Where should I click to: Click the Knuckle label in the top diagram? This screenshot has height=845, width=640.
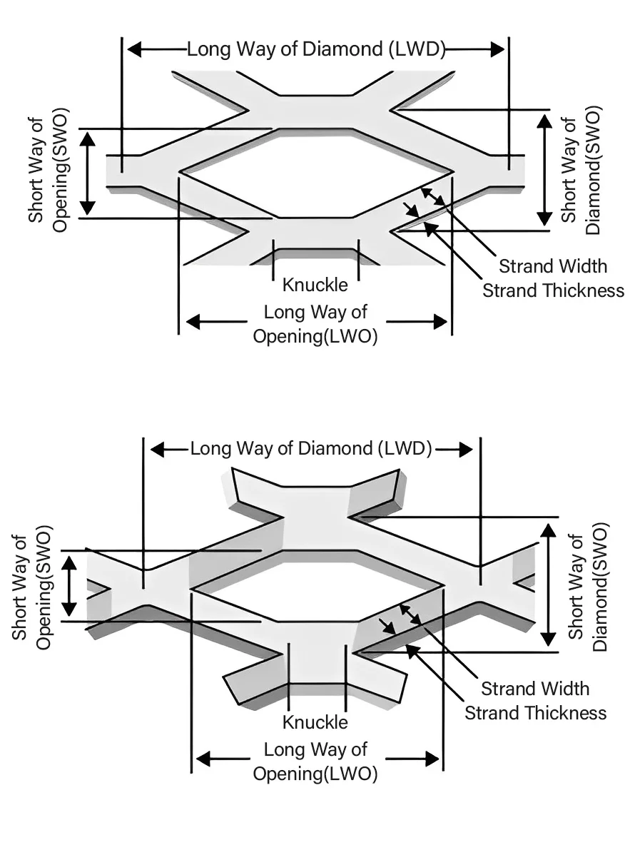315,285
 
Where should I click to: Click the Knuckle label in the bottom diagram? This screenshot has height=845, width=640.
315,722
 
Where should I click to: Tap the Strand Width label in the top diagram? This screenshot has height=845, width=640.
553,266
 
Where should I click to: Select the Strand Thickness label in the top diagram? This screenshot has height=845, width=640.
553,290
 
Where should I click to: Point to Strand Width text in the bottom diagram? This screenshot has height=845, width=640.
535,689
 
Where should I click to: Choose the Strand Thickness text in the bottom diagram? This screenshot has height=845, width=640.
535,712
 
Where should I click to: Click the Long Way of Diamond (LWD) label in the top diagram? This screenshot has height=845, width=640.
316,49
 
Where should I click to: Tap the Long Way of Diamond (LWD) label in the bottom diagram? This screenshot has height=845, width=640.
311,449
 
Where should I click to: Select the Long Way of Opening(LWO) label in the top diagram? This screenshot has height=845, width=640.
315,324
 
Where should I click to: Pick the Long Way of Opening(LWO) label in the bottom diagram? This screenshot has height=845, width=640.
315,761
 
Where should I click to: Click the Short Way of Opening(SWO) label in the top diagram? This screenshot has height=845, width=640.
48,172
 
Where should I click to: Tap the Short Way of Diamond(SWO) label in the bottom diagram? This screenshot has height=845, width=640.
588,587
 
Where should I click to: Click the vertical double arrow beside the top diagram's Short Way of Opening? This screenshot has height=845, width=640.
88,173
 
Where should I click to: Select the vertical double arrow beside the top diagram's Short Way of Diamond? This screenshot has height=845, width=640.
544,170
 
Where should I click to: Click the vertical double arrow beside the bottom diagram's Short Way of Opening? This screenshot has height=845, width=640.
69,587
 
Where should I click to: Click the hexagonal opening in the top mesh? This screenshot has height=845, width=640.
316,173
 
